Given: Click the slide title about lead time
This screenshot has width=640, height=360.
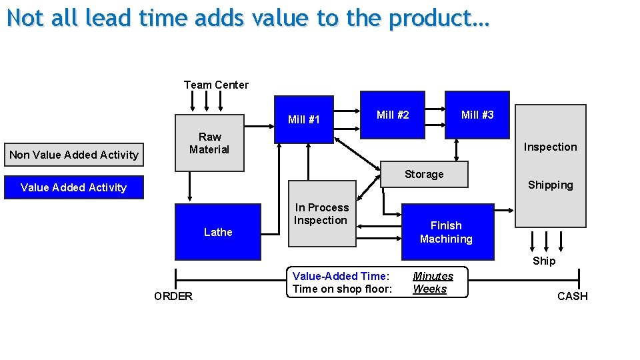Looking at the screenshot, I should coord(248,18).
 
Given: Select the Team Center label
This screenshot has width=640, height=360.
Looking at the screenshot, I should coord(216,85).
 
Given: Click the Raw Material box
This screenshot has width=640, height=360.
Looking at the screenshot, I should coord(209,143).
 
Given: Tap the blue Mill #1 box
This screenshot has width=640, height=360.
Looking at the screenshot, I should coord(304,120).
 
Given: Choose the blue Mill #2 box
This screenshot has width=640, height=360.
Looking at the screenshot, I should coord(393,115).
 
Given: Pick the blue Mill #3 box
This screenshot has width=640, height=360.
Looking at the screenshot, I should coord(477,115).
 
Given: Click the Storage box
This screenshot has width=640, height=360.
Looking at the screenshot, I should coord(424,175).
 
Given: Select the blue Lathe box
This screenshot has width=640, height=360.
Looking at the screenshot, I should coord(218,232).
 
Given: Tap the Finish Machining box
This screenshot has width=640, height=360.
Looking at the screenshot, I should coord(447,232).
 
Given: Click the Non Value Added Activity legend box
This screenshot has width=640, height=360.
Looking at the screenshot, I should coord(74,155).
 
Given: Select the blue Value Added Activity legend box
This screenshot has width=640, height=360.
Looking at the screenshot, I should coord(74,187).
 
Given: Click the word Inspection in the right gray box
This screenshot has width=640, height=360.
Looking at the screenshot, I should coord(550,147).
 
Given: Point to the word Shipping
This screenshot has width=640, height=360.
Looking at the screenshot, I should coord(550,185).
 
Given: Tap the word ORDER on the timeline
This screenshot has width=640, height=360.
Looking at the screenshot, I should coord(173,296).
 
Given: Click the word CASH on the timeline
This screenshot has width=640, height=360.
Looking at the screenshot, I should coord(572,296).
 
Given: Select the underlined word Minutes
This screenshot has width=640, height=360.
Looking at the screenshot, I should coord(433,276).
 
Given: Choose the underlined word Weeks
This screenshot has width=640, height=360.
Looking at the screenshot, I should coord(429,289).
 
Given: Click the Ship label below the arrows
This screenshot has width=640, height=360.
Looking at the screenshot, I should coord(543,261).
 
